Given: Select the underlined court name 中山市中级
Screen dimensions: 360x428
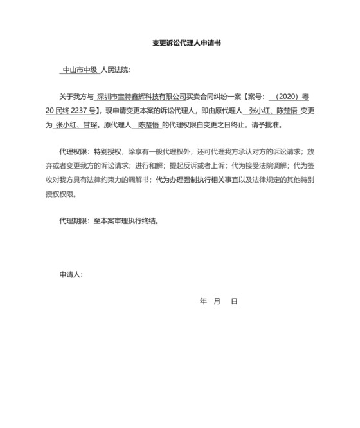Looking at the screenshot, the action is [x=80, y=71].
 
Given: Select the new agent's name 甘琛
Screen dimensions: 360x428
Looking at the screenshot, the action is [x=90, y=125].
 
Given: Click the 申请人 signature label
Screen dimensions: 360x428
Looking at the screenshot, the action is [x=70, y=275].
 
